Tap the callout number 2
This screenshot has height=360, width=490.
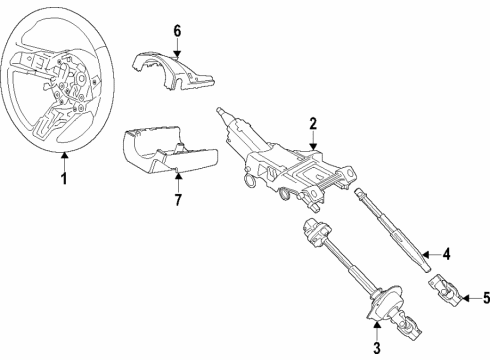pyautogui.click(x=313, y=124)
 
